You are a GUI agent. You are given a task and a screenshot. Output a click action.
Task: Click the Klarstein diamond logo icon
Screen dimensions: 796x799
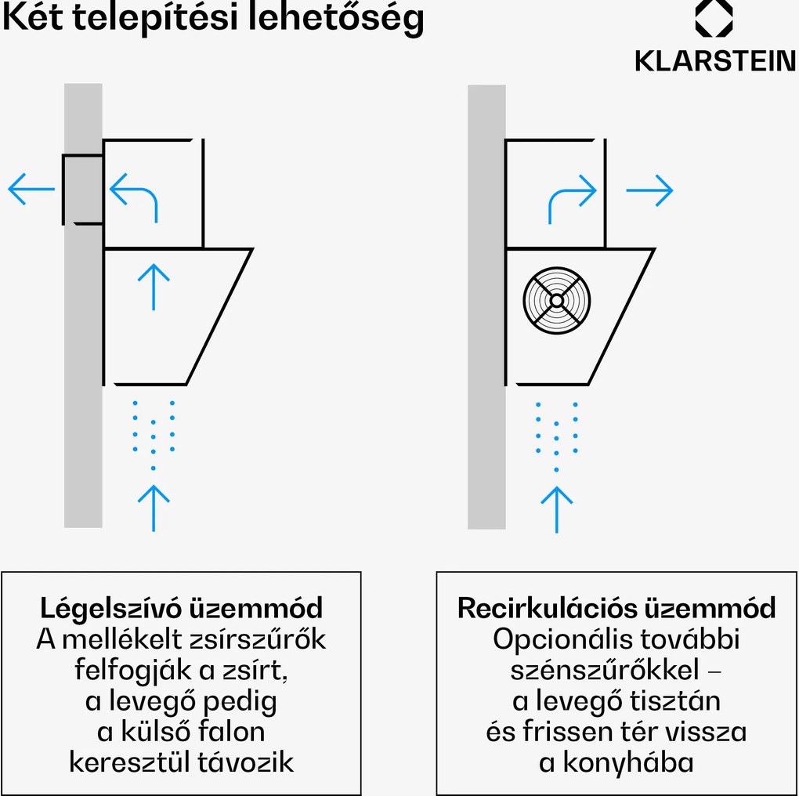(x=714, y=19)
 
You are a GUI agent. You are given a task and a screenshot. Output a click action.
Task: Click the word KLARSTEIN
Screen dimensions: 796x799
(x=715, y=61)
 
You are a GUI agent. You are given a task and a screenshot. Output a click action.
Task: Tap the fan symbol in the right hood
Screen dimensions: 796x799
(x=556, y=300)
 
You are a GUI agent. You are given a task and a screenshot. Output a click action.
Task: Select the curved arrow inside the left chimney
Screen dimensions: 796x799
(x=134, y=197)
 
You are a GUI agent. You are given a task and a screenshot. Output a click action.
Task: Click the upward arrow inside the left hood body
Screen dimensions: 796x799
(x=154, y=286)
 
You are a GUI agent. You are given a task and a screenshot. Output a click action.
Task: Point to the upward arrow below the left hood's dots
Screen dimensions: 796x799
(x=154, y=508)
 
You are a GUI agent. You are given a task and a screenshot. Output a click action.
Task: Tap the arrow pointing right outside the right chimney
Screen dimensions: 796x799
(x=649, y=190)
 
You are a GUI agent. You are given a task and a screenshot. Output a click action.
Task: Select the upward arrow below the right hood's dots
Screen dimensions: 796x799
(x=556, y=509)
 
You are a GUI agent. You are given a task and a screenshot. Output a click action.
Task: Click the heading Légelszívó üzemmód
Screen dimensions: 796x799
(x=181, y=608)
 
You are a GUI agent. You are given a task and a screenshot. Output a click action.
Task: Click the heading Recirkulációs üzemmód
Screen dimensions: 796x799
(x=616, y=608)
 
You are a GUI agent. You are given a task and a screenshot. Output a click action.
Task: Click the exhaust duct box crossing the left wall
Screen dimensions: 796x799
(x=83, y=190)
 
